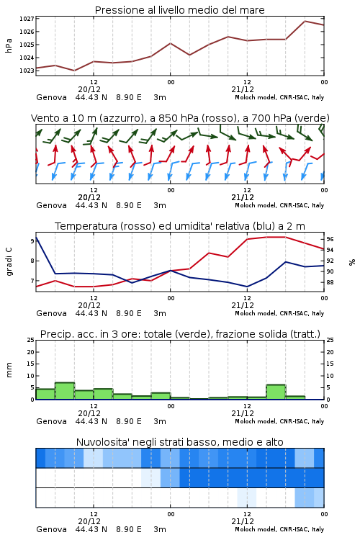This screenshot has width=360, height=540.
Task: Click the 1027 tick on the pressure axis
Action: coord(27,19)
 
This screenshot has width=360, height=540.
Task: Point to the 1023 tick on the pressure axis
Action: coord(27,71)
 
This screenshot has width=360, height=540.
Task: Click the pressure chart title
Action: coord(180,10)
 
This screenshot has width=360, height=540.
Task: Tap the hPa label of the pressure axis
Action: coord(9,45)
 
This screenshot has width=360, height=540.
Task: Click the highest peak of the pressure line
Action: coord(305,21)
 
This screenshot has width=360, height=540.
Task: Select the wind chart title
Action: coord(180,118)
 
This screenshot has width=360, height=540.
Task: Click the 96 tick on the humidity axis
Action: coord(330,239)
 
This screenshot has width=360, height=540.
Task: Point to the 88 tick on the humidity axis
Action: coord(330,282)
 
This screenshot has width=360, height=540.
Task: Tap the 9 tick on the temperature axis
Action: coord(32,241)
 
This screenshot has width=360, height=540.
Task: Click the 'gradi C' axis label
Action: coord(9,261)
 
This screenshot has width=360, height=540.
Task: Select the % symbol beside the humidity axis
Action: coord(352,262)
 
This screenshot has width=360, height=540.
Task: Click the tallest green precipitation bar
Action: coord(65,391)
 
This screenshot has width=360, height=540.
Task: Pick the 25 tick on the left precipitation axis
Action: coord(31,340)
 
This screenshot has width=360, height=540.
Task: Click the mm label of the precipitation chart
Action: coord(9,370)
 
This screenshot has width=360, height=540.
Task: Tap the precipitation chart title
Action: coord(180,334)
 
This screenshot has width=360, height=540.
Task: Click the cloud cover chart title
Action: coord(180,442)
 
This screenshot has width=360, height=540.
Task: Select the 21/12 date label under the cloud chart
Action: coord(243,521)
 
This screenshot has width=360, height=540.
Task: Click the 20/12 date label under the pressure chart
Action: coord(89,89)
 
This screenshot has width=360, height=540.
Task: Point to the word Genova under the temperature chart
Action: coord(51,313)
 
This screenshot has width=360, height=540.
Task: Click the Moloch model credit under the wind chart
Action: coord(279,206)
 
